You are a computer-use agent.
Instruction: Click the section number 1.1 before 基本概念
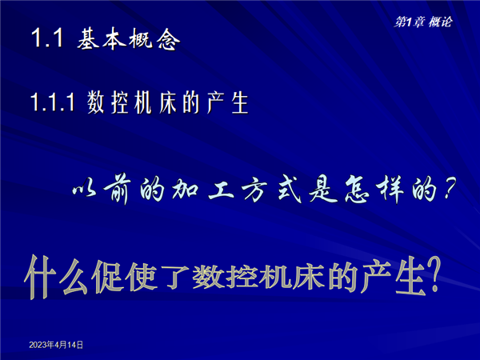coord(47,38)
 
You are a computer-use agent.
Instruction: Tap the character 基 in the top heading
coord(88,38)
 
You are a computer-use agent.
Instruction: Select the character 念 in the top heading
coord(168,40)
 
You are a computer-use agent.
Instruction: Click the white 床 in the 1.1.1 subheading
coord(168,102)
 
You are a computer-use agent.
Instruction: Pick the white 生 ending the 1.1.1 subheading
coord(240,102)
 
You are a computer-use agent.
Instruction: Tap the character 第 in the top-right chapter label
coord(400,22)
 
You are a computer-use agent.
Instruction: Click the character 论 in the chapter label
coord(446,22)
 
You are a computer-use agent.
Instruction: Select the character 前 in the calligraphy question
coord(117,190)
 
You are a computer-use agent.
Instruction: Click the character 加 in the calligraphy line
coord(185,190)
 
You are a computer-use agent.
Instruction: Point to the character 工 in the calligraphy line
coord(221,190)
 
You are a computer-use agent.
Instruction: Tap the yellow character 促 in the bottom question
coord(108,277)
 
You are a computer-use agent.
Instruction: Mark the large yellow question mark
coord(433,274)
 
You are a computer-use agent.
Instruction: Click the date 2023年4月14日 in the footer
coord(56,345)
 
